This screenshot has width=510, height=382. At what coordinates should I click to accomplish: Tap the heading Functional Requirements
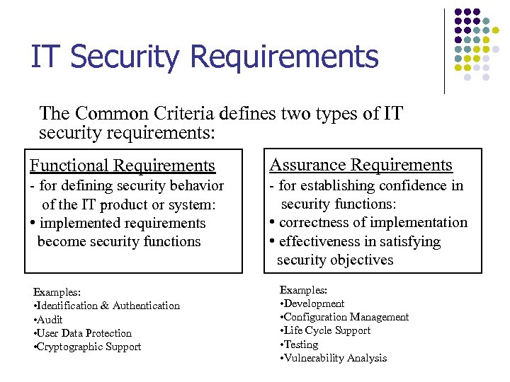pos(122,166)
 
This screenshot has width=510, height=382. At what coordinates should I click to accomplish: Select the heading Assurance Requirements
pos(361,166)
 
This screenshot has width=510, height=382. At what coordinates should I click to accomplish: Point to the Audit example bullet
pos(50,319)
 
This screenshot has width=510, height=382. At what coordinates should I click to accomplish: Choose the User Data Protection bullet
pos(84,333)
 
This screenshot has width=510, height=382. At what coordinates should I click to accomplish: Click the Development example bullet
pos(314,303)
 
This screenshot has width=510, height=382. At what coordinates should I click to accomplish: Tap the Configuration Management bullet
pos(346,317)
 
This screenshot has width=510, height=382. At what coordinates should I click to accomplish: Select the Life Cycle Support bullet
pos(327,330)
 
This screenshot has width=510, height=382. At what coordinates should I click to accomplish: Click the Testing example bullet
pos(302,345)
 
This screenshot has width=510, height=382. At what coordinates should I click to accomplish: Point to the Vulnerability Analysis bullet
pos(336,358)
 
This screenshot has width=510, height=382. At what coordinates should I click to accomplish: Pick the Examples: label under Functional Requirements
pos(57,291)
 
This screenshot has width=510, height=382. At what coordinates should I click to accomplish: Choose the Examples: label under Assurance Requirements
pos(303,290)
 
